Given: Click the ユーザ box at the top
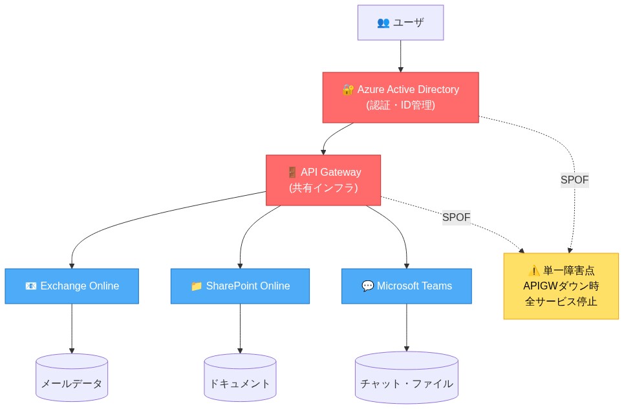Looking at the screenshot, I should tap(400, 23).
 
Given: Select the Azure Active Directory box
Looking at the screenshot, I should tap(400, 97).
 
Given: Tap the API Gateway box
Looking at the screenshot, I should tap(323, 180).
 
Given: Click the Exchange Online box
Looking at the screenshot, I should tap(72, 286).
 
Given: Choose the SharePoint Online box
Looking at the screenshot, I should tap(240, 286).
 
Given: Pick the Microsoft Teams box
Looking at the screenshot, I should tap(406, 286).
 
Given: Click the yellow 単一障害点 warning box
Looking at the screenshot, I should tap(561, 286).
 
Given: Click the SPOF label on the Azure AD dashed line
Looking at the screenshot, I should tap(574, 180).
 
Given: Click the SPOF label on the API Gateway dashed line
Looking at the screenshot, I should tap(456, 218).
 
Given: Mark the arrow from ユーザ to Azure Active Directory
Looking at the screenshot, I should tap(400, 56).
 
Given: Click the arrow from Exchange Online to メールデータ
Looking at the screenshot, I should tap(72, 328).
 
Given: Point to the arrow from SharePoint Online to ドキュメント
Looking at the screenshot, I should tap(240, 328).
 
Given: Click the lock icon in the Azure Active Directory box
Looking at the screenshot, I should tap(348, 90).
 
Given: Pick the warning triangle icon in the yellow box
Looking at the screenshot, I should tap(533, 271).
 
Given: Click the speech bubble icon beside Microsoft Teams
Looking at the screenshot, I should tap(367, 286).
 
